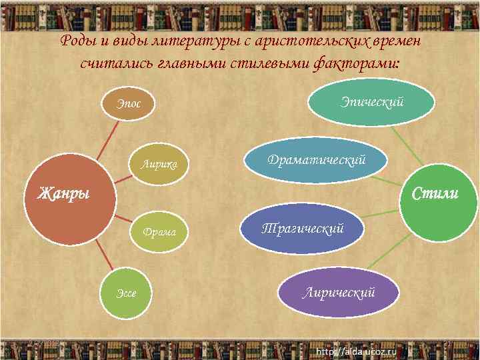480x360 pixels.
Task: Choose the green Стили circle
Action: pos(436,194)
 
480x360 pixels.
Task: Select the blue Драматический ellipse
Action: pos(316,161)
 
